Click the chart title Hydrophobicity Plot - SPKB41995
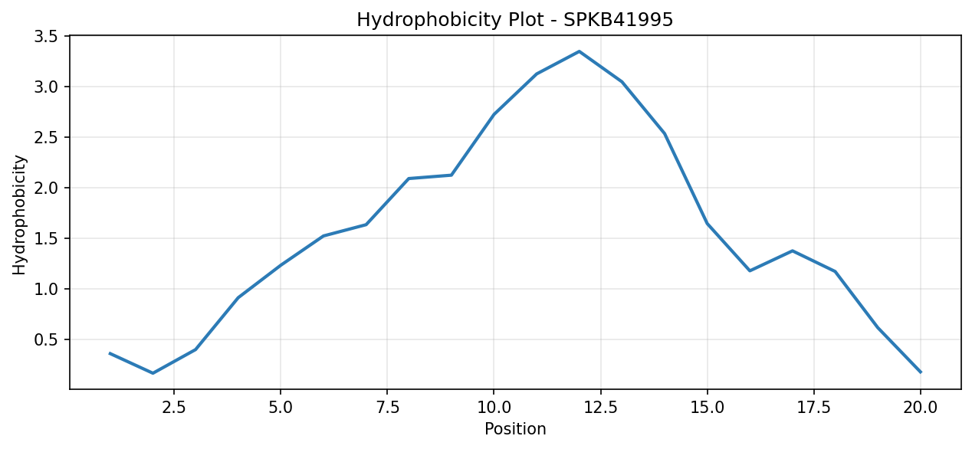(x=514, y=19)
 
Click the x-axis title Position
(x=515, y=428)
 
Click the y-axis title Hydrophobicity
(x=19, y=215)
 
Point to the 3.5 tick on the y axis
(x=46, y=37)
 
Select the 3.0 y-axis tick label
(x=46, y=87)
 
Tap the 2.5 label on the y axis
(x=46, y=137)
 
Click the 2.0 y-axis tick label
(x=46, y=188)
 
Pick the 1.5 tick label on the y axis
(x=46, y=238)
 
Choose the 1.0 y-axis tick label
(x=46, y=289)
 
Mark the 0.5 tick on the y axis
(x=46, y=339)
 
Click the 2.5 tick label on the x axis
(x=173, y=408)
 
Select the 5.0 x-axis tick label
(x=281, y=408)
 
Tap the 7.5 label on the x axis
(x=387, y=408)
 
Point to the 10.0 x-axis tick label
(x=494, y=408)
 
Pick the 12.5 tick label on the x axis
(x=600, y=408)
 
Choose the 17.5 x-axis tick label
(x=813, y=408)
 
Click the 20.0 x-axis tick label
(x=921, y=408)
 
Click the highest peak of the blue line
(x=579, y=51)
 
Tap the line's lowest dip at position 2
(x=153, y=373)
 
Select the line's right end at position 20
(x=920, y=372)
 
